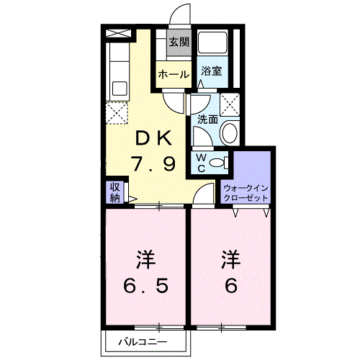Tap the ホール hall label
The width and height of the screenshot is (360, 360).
tap(173, 74)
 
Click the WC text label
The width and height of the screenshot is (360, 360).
tap(202, 162)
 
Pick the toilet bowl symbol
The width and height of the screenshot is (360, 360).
tap(221, 161)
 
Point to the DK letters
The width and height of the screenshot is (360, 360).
tap(152, 138)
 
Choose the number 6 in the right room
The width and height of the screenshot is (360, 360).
tap(230, 287)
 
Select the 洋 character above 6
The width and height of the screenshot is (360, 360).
tap(230, 258)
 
